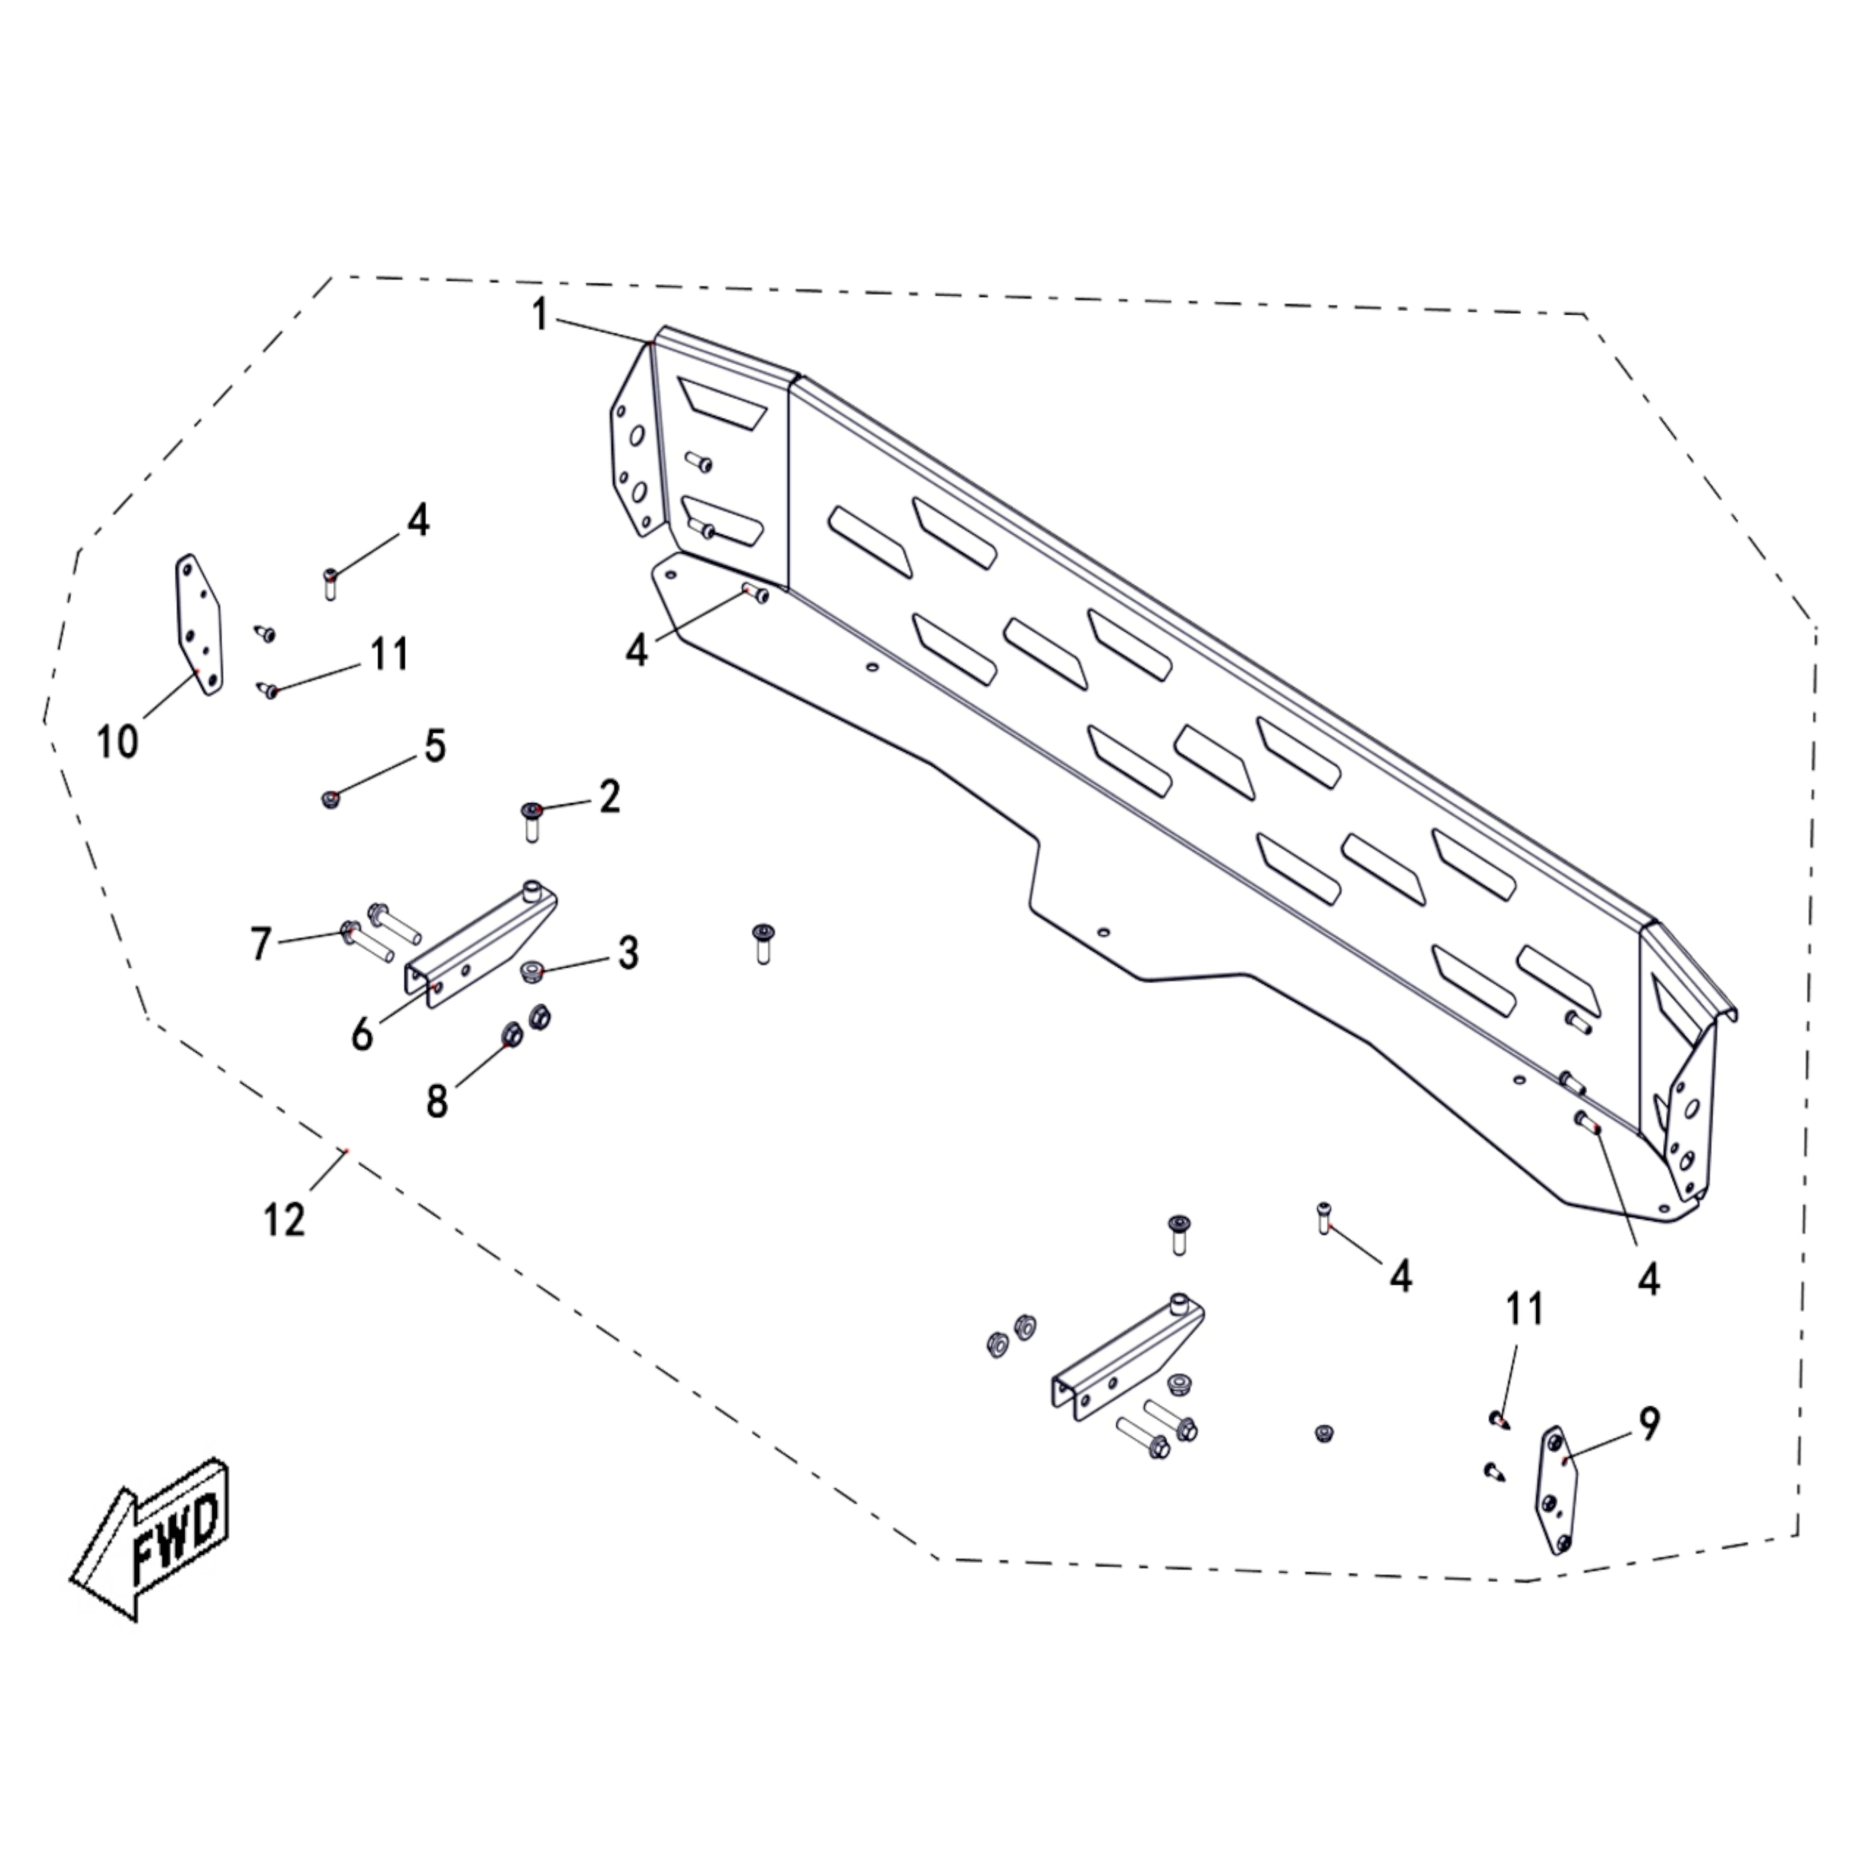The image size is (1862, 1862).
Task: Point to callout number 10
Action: click(x=118, y=742)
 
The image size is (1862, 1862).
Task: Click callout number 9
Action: click(x=1649, y=1424)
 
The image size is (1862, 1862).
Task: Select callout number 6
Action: click(x=361, y=1035)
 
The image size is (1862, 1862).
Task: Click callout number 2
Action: click(x=609, y=797)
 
